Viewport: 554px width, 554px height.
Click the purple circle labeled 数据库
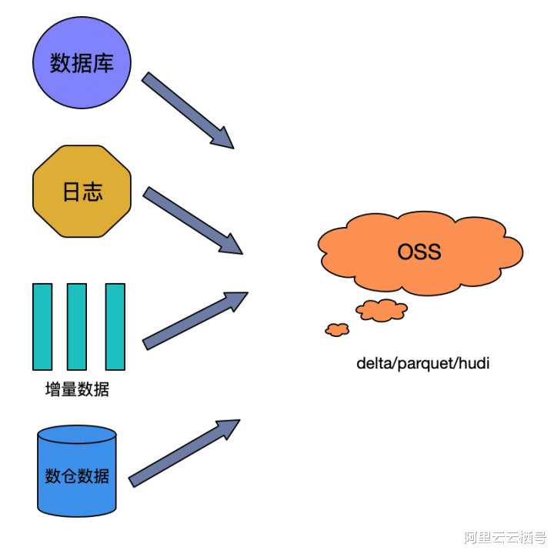(82, 62)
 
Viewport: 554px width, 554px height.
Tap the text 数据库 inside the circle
(82, 64)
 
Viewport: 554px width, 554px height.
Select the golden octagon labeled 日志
(82, 191)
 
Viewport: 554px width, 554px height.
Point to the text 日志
(83, 192)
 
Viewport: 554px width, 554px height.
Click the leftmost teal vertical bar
(42, 327)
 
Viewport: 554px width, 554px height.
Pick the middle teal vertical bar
(77, 327)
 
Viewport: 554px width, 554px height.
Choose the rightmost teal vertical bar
(115, 327)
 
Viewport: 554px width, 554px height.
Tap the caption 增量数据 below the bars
(78, 389)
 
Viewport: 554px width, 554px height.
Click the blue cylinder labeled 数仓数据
(77, 471)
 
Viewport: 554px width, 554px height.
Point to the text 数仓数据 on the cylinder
(78, 476)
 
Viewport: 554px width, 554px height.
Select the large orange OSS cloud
(420, 253)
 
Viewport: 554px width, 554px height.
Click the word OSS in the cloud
(419, 252)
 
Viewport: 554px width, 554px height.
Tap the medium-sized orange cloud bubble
(382, 310)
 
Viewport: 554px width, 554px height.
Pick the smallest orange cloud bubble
(338, 329)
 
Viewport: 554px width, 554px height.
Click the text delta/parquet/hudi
(423, 363)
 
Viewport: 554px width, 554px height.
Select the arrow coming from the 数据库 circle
(188, 111)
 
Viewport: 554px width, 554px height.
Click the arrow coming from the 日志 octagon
(193, 221)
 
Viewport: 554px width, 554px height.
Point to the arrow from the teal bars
(195, 321)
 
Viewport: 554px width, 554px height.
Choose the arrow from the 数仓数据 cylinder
(184, 453)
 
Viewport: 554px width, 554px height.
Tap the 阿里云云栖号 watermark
(506, 537)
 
